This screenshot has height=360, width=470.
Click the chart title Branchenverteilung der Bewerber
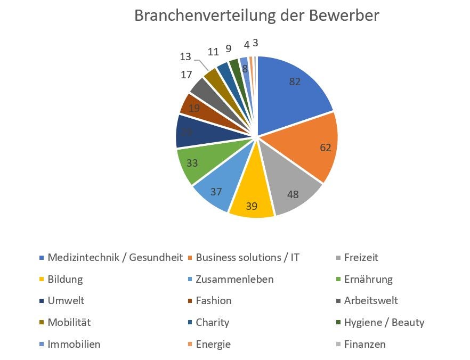point(256,15)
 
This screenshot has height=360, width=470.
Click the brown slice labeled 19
point(195,108)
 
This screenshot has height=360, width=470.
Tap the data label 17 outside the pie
point(186,75)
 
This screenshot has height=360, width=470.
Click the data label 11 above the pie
point(213,52)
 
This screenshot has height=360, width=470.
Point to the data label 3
point(256,43)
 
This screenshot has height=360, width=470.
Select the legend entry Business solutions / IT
point(248,258)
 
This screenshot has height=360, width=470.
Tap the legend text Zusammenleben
point(234,280)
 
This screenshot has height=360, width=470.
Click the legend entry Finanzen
point(364,344)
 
